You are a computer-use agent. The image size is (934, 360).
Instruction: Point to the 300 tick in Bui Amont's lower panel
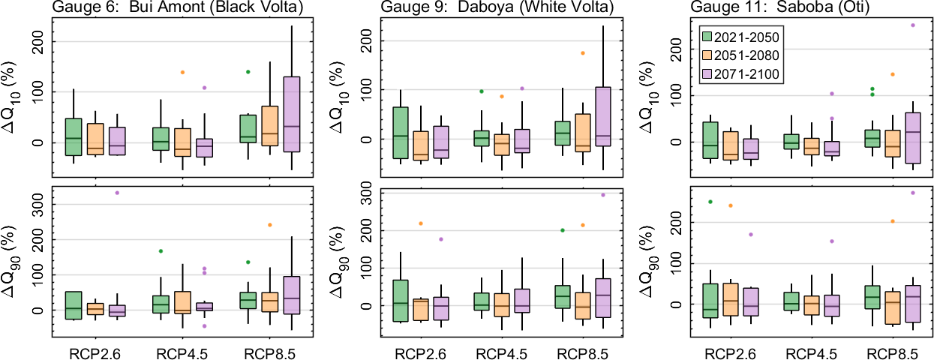pyautogui.click(x=38, y=204)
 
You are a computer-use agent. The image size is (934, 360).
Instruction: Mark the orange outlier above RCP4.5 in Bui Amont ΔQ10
pyautogui.click(x=182, y=72)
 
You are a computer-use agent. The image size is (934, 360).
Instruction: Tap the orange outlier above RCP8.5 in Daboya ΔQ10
pyautogui.click(x=582, y=53)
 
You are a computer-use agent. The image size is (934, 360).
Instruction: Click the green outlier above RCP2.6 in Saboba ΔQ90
pyautogui.click(x=710, y=202)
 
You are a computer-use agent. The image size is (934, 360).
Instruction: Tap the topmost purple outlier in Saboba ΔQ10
pyautogui.click(x=913, y=25)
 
